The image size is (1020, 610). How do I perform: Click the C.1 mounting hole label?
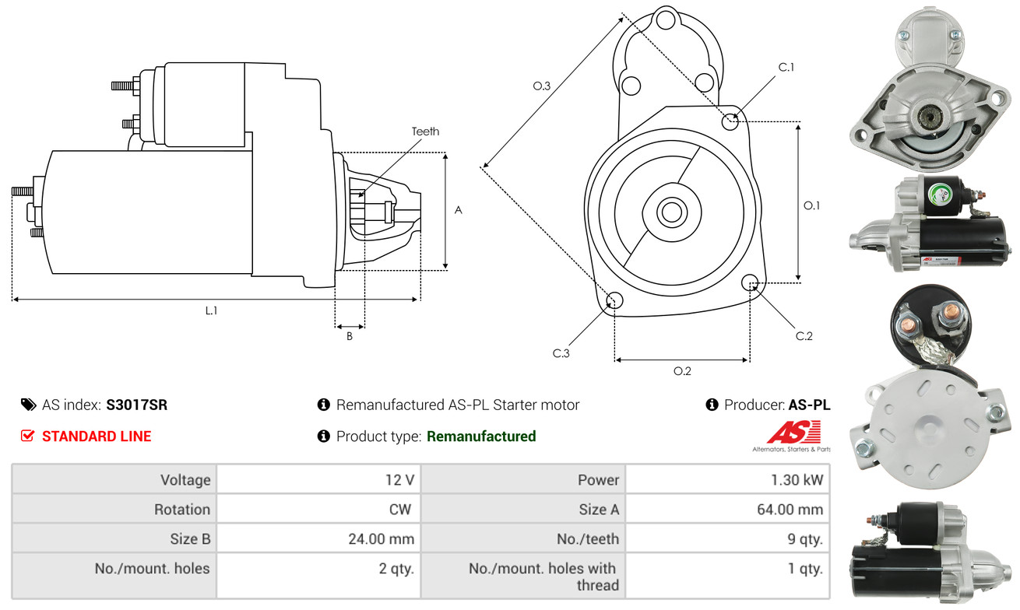pos(786,67)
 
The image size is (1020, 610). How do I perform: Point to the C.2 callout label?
pos(804,336)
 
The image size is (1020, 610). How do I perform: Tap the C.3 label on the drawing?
pos(561,354)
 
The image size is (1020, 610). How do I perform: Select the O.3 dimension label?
pos(542,86)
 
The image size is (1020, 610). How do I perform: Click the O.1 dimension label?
pos(812,205)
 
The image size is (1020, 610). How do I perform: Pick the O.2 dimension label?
pos(682,371)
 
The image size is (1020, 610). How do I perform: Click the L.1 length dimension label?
pos(211,310)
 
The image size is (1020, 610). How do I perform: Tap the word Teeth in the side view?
pos(425,131)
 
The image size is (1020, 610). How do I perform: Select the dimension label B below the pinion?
pos(350,337)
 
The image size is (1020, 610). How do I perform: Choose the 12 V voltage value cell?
pos(399,480)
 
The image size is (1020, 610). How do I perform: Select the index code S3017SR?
pos(136,405)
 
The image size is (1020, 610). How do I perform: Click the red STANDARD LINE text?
pos(97,436)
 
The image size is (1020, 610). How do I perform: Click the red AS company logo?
pos(793,432)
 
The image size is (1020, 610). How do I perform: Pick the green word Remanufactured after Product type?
pos(481,436)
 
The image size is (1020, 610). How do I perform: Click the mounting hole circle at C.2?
pos(751,282)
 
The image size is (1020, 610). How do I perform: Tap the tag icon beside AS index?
pos(28,405)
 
